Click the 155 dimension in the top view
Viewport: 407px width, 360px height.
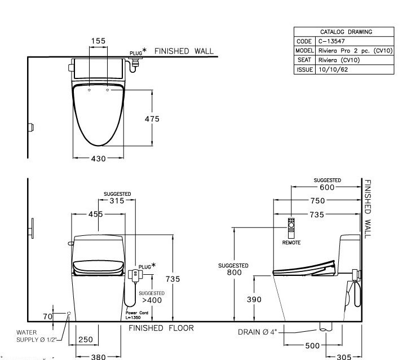(98, 41)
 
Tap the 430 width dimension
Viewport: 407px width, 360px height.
(98, 159)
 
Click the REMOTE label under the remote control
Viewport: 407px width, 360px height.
(291, 242)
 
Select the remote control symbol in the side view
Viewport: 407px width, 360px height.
(291, 227)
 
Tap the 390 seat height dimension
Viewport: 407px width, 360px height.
(254, 300)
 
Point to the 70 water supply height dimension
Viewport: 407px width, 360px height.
(47, 317)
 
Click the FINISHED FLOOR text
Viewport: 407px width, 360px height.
(161, 328)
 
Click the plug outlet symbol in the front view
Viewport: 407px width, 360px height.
(135, 274)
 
